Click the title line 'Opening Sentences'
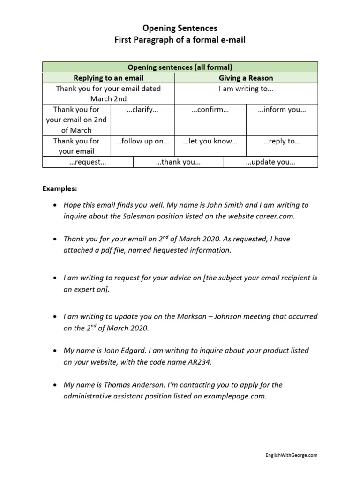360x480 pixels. click(180, 29)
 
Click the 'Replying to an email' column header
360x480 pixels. click(109, 78)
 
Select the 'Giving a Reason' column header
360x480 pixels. click(246, 78)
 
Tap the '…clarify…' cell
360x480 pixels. click(142, 110)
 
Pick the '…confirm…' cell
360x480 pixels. click(210, 110)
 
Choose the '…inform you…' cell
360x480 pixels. click(282, 110)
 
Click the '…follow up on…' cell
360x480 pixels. click(142, 141)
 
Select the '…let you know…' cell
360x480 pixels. click(210, 141)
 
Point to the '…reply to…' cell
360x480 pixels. click(282, 141)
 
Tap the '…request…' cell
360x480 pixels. click(88, 162)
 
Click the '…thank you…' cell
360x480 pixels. click(178, 162)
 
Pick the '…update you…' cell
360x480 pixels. click(270, 162)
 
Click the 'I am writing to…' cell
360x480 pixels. click(246, 89)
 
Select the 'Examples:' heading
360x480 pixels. click(60, 188)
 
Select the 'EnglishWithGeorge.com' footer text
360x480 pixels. click(291, 455)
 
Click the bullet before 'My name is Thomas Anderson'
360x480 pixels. click(56, 385)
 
